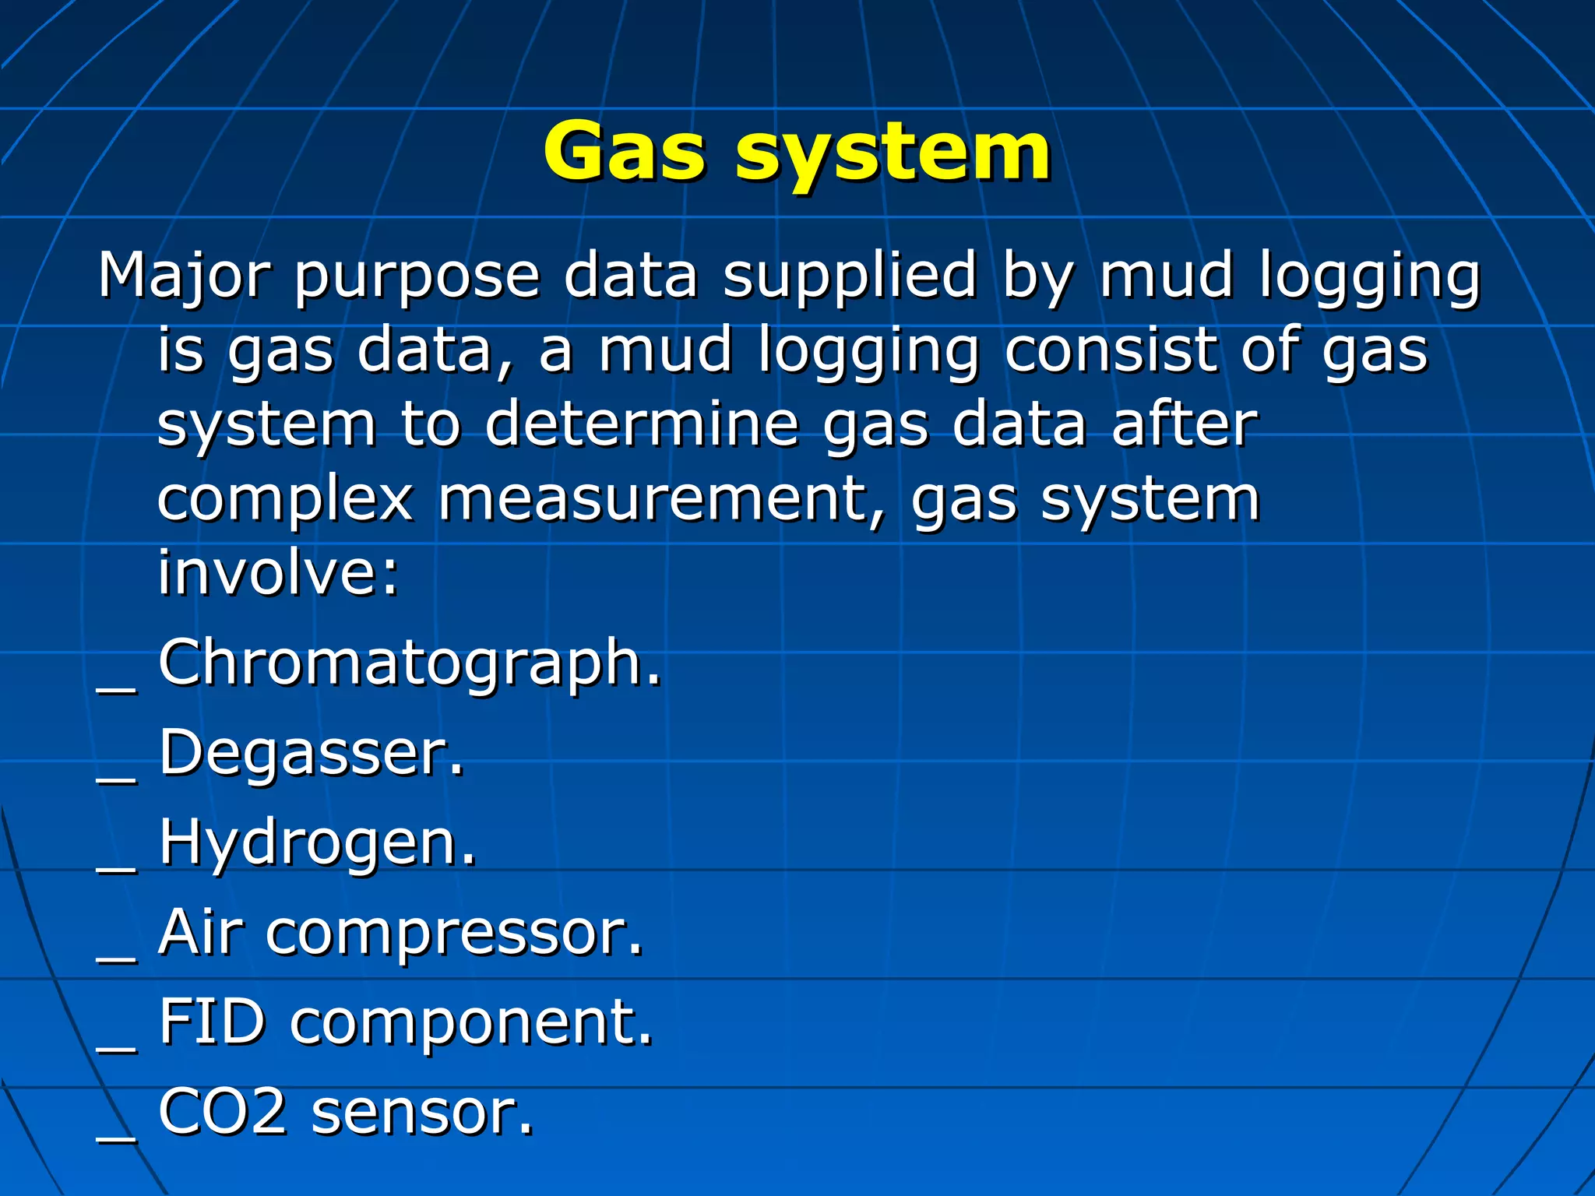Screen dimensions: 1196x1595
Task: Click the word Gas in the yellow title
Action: [x=625, y=152]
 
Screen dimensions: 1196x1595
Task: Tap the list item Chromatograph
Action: [x=410, y=664]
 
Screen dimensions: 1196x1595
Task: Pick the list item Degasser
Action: [x=312, y=754]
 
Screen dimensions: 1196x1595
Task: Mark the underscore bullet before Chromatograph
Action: [x=117, y=688]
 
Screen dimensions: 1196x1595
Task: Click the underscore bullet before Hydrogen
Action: [x=117, y=867]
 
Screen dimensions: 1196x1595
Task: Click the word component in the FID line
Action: [x=471, y=1024]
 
